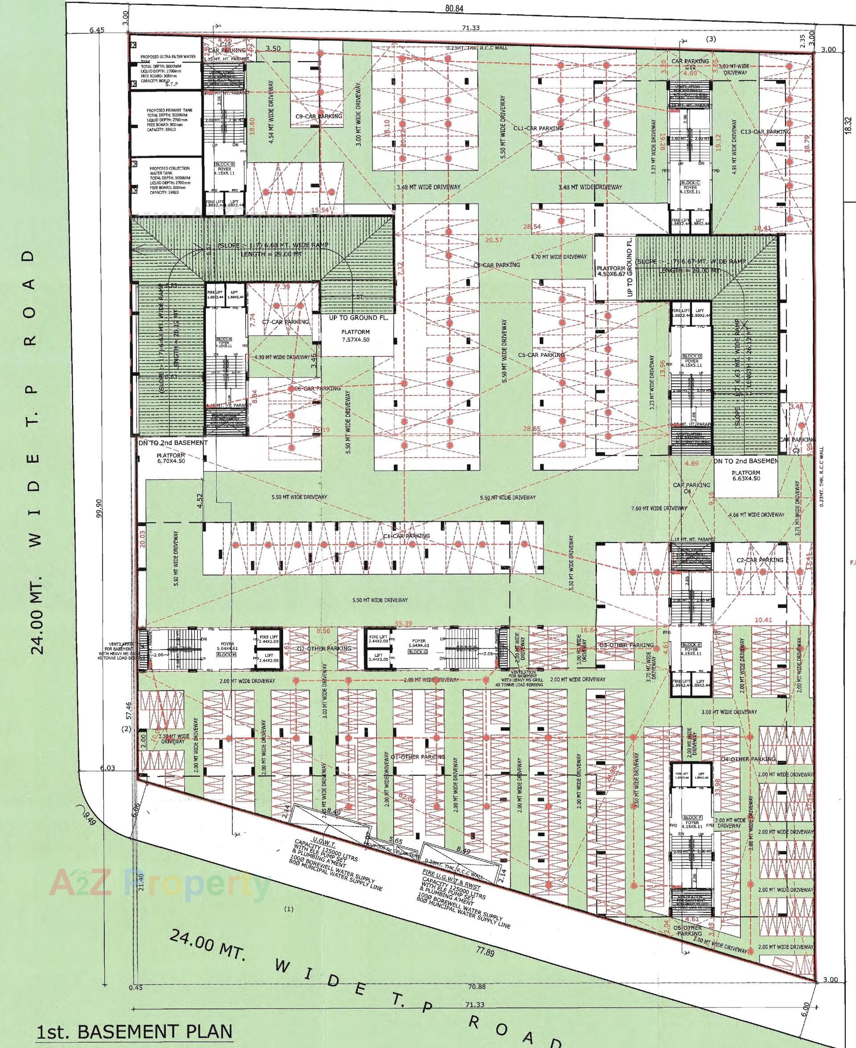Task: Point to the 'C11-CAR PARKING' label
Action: point(538,128)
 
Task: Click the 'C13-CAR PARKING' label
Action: point(766,132)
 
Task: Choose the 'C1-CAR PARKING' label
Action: point(407,536)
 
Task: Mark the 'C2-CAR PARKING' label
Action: point(760,560)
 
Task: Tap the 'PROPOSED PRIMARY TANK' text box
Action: point(168,118)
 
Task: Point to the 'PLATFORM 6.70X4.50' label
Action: point(171,458)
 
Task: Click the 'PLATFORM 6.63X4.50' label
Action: point(746,476)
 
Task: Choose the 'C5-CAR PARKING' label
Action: point(541,355)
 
